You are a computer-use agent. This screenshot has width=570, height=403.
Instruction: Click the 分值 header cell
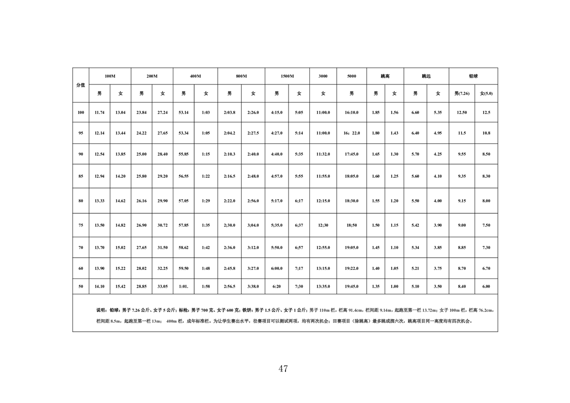(x=81, y=85)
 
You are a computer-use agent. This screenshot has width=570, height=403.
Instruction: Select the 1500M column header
(x=287, y=76)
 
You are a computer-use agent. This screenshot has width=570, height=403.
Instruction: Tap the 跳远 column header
(x=426, y=76)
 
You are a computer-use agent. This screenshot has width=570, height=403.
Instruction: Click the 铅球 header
(x=473, y=76)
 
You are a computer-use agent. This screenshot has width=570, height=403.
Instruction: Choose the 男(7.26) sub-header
(x=462, y=94)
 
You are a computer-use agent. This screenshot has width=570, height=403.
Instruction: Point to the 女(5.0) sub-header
(x=486, y=94)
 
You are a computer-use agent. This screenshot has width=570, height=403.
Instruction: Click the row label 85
(x=81, y=176)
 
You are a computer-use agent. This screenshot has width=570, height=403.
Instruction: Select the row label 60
(x=81, y=268)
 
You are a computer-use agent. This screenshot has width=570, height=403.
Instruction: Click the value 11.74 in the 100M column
(x=100, y=112)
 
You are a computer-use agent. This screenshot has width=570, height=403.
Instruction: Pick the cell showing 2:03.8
(x=230, y=112)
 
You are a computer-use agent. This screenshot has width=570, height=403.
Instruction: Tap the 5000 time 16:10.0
(x=352, y=112)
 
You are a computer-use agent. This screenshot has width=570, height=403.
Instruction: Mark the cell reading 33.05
(x=163, y=287)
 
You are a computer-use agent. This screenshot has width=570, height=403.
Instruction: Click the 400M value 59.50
(x=183, y=268)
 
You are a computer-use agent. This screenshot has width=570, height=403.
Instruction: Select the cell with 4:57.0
(x=276, y=176)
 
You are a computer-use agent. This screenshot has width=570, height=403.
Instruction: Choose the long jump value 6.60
(x=415, y=112)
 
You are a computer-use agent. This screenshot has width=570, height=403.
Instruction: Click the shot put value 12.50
(x=462, y=112)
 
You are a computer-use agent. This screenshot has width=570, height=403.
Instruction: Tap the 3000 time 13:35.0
(x=323, y=287)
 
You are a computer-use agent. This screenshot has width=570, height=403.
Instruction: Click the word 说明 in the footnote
(x=101, y=309)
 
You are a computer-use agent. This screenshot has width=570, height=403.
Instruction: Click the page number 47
(x=283, y=369)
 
